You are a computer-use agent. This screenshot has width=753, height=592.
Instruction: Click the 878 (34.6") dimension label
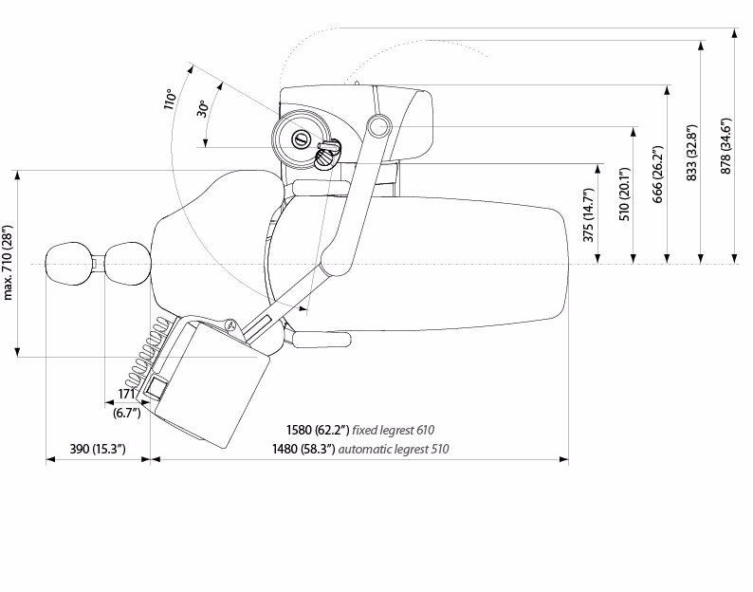pos(726,146)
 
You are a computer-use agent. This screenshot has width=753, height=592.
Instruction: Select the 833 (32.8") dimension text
pos(692,153)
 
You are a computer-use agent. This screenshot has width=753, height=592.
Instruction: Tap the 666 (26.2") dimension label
pos(658,175)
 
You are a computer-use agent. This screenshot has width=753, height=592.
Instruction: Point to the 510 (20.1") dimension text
pos(624,194)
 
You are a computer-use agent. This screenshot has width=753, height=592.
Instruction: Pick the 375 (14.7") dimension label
pos(589,214)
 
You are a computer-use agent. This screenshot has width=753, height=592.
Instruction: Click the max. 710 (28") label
pos(8,262)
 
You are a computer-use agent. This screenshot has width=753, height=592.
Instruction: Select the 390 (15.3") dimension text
pos(98,449)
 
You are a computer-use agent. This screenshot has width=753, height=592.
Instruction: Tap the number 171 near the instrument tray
pos(126,394)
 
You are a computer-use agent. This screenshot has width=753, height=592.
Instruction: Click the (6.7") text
pos(127,413)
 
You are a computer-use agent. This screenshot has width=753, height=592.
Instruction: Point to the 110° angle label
pos(170,99)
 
